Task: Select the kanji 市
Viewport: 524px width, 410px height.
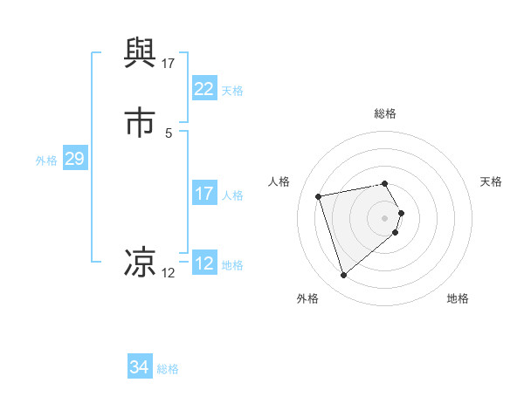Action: coord(141,121)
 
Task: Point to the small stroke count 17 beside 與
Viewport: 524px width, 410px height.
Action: coord(169,63)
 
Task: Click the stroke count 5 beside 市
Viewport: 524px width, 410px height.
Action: coord(169,133)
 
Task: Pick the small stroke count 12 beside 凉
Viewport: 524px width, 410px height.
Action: coord(169,273)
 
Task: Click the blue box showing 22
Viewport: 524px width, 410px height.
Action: coord(203,89)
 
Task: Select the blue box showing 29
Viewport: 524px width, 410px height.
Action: coord(74,160)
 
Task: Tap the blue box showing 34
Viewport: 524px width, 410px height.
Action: coord(139,367)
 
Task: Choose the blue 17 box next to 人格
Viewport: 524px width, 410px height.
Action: coord(203,194)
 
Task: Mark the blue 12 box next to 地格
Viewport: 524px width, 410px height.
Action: coord(203,263)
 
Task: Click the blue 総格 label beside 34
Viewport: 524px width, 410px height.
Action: coord(168,369)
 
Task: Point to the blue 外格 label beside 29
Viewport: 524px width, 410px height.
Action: coord(46,161)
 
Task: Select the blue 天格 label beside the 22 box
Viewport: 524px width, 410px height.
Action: coord(232,90)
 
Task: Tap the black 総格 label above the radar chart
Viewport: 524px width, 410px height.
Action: coord(384,113)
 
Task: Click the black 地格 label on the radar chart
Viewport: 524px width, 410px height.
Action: coord(458,298)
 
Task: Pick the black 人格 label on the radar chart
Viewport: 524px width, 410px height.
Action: coord(279,181)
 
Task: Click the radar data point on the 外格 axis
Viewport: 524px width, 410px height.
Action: coord(344,276)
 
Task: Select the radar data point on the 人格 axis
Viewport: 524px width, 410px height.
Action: coord(319,195)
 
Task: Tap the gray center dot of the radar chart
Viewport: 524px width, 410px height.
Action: coord(384,216)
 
